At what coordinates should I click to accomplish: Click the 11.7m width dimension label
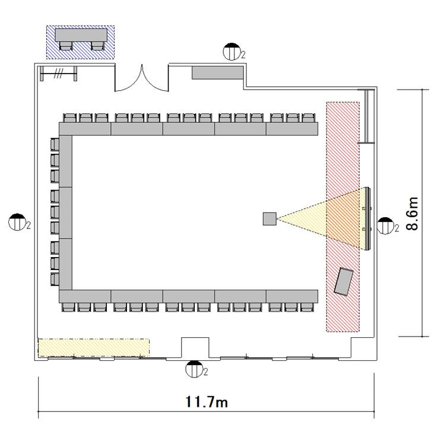pos(207,402)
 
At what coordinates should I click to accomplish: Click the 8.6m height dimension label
pos(412,214)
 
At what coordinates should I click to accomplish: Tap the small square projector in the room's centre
pos(269,219)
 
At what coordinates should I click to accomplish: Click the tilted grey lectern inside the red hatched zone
pos(344,282)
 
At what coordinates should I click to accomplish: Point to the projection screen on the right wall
pos(367,218)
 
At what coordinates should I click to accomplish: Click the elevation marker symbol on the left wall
pos(18,222)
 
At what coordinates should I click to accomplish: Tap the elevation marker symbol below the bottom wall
pos(195,369)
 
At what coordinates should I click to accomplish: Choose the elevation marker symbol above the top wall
pos(232,52)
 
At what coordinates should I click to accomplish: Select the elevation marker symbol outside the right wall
pos(385,226)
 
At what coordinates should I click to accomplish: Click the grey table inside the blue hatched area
pos(81,35)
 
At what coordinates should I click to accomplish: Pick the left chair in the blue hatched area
pos(66,46)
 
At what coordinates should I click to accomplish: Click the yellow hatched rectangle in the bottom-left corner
pos(94,347)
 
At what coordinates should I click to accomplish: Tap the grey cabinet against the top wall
pos(218,72)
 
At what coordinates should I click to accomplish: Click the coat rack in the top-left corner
pos(58,74)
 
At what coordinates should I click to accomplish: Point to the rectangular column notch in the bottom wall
pos(195,348)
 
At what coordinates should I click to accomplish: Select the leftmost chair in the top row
pos(69,118)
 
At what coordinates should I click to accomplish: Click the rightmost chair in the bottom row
pos(307,307)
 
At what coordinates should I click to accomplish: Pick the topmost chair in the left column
pos(55,144)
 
